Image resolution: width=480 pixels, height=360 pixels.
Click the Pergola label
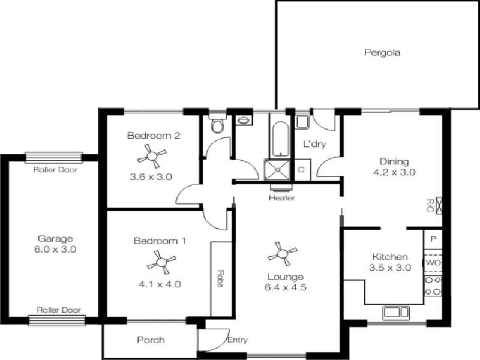click(x=382, y=52)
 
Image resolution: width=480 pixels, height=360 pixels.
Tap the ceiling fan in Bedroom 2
click(x=153, y=157)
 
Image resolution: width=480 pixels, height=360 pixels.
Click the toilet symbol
click(x=217, y=125)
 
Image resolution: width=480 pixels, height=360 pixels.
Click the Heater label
click(x=281, y=198)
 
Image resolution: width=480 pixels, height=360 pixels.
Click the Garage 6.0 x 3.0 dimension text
click(x=56, y=249)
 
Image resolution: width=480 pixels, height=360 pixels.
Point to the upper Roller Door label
click(x=55, y=170)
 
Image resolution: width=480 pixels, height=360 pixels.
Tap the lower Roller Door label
click(x=59, y=310)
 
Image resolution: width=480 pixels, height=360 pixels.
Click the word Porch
click(x=151, y=340)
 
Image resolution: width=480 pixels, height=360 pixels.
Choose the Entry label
click(x=238, y=340)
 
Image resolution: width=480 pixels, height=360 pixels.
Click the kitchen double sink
click(x=394, y=312)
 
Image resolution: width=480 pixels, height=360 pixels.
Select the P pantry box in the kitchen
click(x=433, y=239)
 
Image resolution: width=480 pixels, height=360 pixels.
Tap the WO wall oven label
click(x=433, y=263)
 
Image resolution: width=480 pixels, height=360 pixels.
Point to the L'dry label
click(x=313, y=145)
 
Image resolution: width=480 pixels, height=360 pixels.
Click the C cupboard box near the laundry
click(x=302, y=169)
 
